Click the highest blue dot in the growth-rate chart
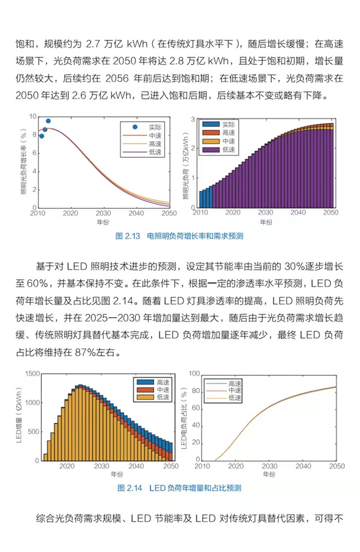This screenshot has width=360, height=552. [48, 121]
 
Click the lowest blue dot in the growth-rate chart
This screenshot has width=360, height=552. [41, 136]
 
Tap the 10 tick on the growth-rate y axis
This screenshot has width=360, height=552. [32, 116]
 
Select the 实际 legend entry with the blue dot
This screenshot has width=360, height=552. [147, 127]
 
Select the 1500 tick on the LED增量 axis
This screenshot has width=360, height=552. [29, 373]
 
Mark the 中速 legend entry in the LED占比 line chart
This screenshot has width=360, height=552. [226, 391]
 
